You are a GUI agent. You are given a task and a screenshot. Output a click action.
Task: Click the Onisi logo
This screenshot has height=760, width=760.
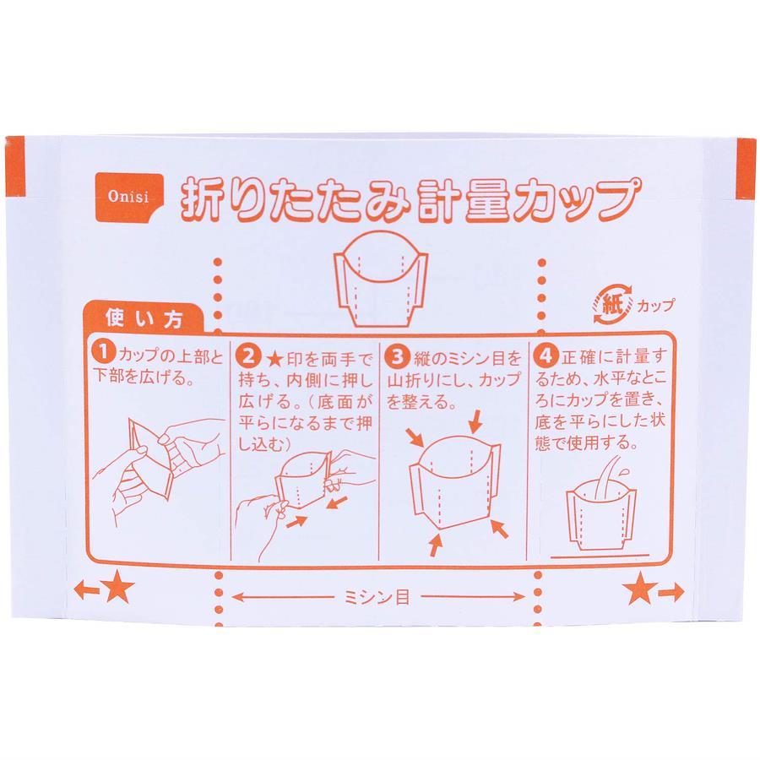(x=129, y=198)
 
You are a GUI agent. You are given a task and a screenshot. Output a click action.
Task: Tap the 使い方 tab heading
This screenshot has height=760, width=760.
(x=144, y=318)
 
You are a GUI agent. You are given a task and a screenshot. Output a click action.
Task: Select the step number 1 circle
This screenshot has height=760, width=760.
(x=104, y=352)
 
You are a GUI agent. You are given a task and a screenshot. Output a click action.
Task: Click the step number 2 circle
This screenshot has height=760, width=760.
(x=248, y=356)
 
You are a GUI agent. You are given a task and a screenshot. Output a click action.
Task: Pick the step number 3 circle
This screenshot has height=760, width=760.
(x=397, y=356)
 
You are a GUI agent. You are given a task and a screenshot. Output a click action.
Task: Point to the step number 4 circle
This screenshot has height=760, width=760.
(x=546, y=356)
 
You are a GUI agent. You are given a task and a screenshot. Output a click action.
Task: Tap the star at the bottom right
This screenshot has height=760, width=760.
(x=640, y=588)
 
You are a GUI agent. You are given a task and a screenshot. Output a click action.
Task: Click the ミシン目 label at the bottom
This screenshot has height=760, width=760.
(x=377, y=597)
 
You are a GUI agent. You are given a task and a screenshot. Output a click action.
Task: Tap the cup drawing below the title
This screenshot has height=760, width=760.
(x=381, y=280)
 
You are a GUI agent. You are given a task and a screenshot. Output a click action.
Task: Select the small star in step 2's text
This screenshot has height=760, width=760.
(x=275, y=359)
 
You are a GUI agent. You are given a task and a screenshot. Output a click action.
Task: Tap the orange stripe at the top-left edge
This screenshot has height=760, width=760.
(x=14, y=166)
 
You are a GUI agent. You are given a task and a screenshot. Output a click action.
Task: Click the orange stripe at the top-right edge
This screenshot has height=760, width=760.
(x=746, y=169)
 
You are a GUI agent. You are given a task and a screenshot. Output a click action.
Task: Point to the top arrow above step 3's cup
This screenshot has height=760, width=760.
(x=476, y=421)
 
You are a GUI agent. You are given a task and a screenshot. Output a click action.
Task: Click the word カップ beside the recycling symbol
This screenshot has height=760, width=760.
(x=655, y=306)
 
